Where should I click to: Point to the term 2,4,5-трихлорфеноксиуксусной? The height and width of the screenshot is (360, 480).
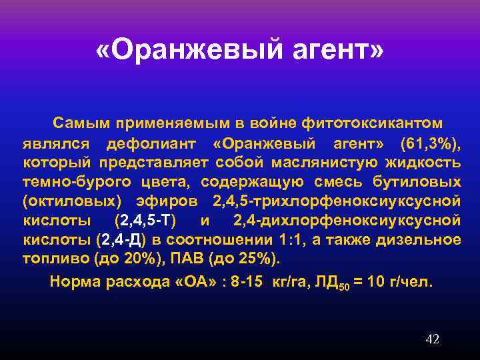pyautogui.click(x=337, y=201)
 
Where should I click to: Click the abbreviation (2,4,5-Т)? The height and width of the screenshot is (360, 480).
pyautogui.click(x=145, y=221)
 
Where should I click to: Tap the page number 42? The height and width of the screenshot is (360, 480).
pyautogui.click(x=432, y=340)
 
